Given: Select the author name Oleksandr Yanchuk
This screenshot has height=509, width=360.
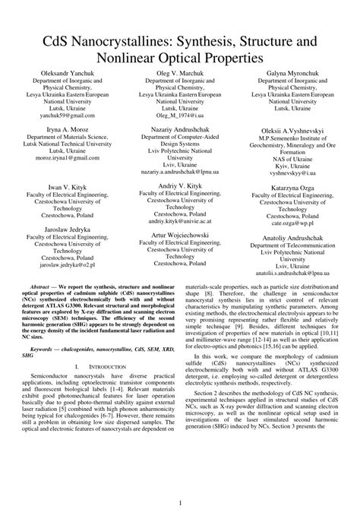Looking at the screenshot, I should [x=64, y=74].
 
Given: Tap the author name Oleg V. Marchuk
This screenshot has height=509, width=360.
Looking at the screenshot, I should [x=179, y=74].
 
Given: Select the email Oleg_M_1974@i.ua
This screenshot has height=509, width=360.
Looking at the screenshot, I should [x=179, y=118].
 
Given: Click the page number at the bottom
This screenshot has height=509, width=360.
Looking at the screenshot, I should [x=180, y=502].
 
